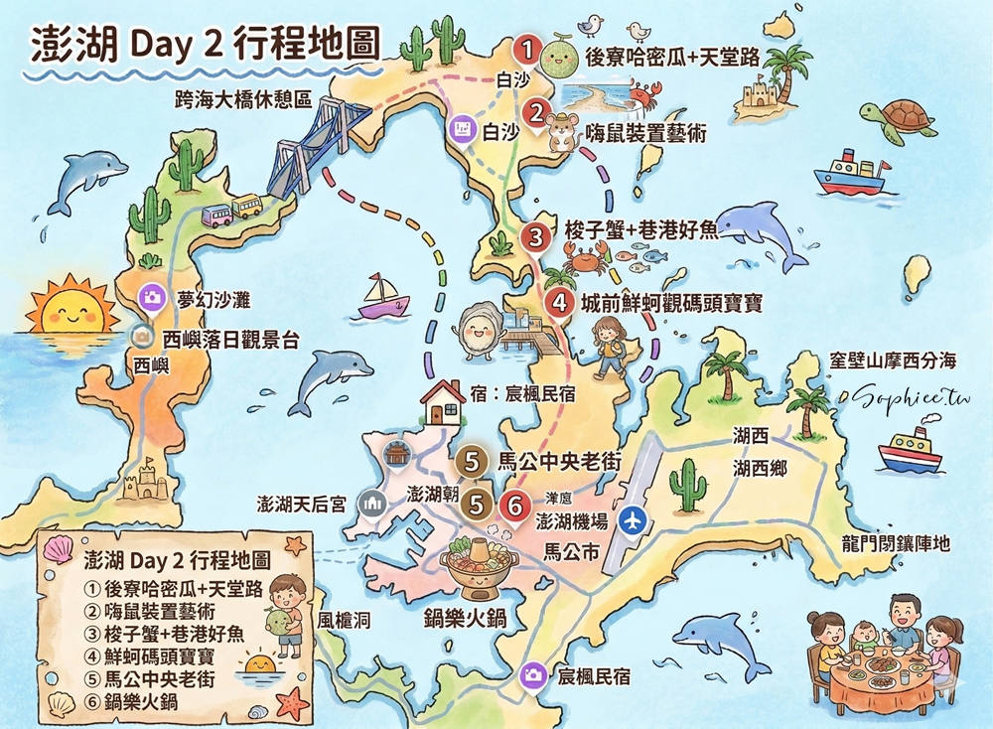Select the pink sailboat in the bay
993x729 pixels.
click(383, 298)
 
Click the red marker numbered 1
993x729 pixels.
click(528, 49)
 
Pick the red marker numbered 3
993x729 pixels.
click(536, 237)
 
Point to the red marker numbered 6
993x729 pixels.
click(514, 505)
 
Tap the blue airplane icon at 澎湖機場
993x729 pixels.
click(630, 519)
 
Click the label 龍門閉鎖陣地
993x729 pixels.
click(893, 543)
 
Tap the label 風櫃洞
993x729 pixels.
click(345, 621)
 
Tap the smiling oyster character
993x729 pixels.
click(477, 326)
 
